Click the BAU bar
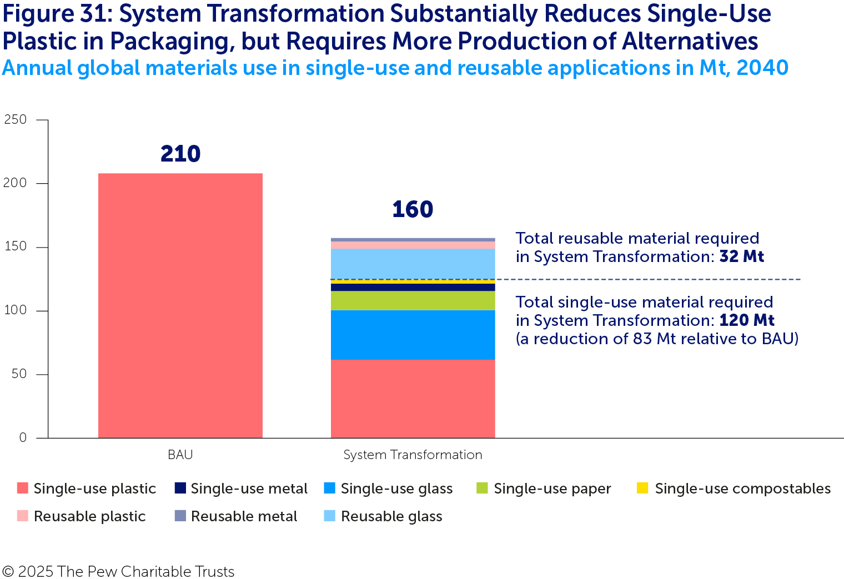click(180, 305)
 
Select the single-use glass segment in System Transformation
click(413, 335)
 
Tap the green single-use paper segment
click(413, 300)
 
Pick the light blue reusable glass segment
click(413, 264)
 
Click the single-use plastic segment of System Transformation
click(413, 399)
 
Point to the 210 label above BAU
click(180, 154)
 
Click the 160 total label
click(413, 209)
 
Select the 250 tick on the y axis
click(16, 119)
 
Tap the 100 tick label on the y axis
click(16, 310)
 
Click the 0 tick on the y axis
click(23, 437)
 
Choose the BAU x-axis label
click(180, 455)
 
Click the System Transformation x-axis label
click(413, 455)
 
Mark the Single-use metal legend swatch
click(180, 488)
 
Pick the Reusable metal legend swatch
click(180, 516)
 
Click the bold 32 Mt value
click(742, 256)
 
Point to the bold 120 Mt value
click(747, 320)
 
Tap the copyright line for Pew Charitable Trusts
click(118, 571)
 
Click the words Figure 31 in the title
click(55, 14)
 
